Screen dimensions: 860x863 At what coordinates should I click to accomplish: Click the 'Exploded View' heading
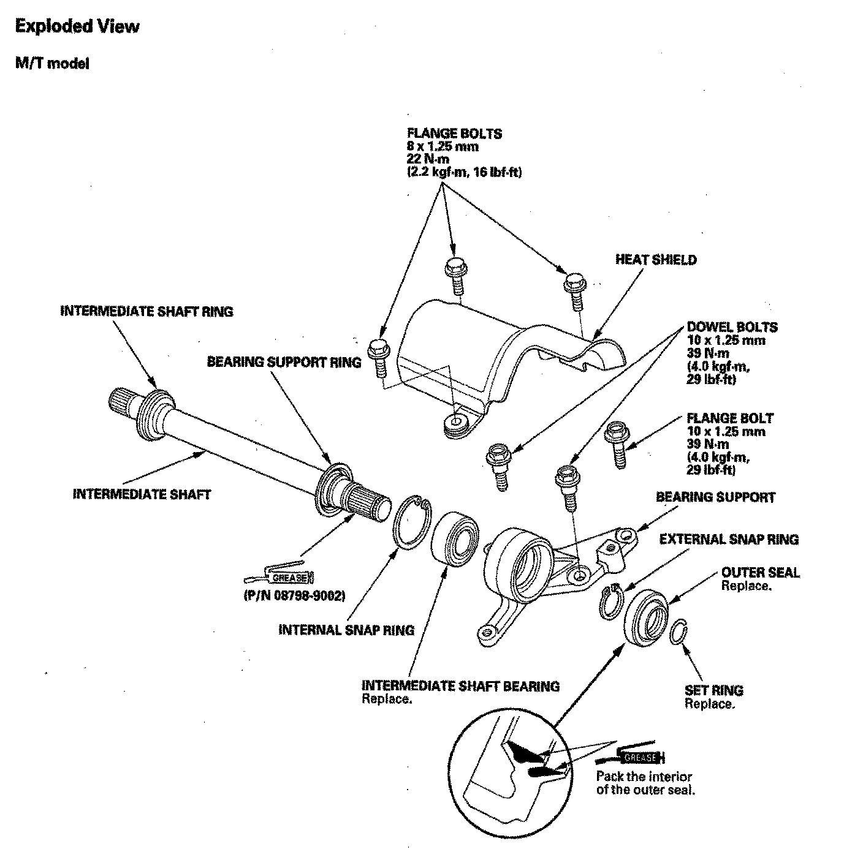click(77, 26)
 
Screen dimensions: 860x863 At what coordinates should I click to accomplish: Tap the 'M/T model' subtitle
click(52, 64)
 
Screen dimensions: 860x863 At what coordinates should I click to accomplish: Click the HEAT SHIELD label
click(656, 260)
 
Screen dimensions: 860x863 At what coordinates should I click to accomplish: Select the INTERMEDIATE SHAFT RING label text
click(146, 311)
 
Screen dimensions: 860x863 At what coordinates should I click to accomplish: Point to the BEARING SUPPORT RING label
click(284, 362)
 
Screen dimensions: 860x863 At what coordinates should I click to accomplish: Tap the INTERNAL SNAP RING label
click(346, 630)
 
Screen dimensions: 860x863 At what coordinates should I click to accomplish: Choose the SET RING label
click(713, 690)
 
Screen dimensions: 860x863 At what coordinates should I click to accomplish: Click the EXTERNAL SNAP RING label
click(729, 539)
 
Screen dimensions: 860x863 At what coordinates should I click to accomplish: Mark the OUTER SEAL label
click(760, 573)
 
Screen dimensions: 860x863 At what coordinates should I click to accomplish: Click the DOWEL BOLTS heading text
click(732, 328)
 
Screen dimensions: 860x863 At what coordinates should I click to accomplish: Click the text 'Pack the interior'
click(644, 776)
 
